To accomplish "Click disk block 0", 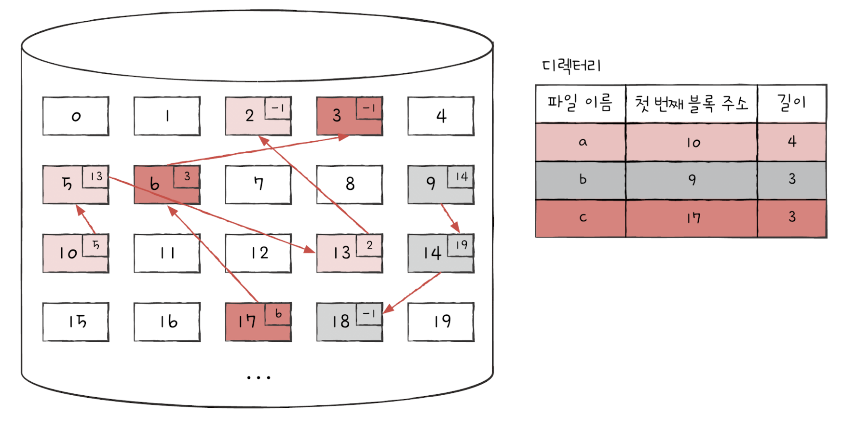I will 76,116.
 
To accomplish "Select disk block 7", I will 258,185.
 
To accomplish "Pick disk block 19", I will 441,322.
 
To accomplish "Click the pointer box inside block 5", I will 95,176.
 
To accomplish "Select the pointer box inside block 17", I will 278,314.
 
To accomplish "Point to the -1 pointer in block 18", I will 369,314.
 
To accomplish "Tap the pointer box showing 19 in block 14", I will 461,245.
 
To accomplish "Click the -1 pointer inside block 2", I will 278,108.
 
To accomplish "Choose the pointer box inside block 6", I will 187,176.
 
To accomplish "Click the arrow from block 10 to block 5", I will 86,220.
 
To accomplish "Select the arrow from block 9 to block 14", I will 450,218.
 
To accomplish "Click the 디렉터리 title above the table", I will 571,66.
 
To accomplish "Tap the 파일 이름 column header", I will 580,103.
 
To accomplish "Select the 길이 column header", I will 791,103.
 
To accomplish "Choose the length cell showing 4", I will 791,142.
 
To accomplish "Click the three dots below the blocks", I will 258,377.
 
